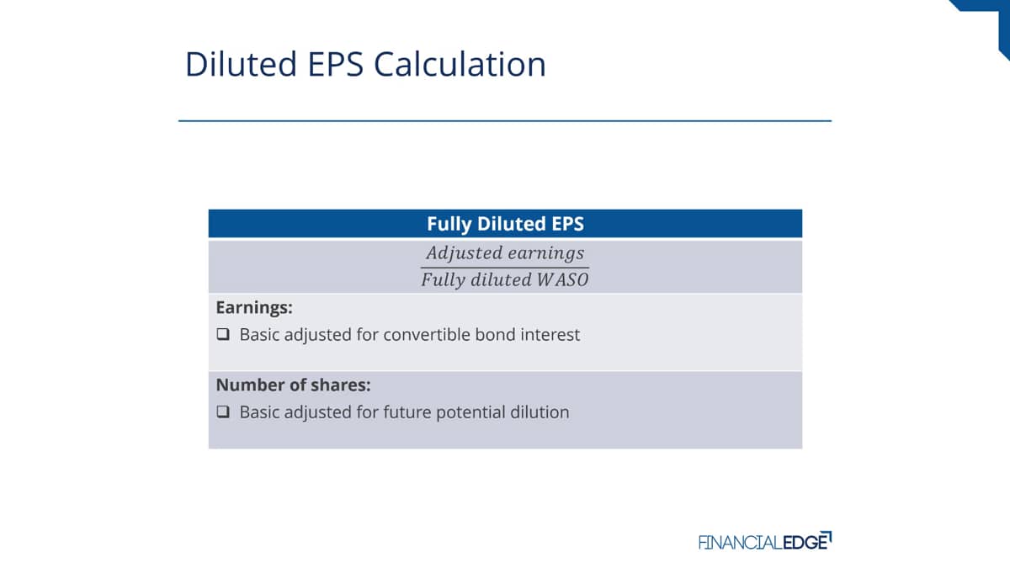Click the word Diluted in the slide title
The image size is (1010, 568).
pos(242,64)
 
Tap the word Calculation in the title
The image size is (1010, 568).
pos(460,64)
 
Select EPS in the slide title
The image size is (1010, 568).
pos(336,64)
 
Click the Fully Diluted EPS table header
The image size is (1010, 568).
pos(505,224)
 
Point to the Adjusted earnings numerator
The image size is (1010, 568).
pos(505,253)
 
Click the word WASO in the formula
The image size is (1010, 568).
pos(562,280)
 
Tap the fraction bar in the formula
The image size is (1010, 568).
pos(505,268)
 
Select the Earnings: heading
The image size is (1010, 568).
pos(254,307)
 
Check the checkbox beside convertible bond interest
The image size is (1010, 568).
pos(223,334)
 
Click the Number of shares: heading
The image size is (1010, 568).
pos(293,385)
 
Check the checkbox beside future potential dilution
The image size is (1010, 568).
pos(223,411)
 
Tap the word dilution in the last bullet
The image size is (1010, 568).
pos(540,412)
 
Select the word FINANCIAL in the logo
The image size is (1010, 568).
pos(741,542)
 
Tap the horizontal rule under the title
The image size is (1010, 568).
pos(505,121)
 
